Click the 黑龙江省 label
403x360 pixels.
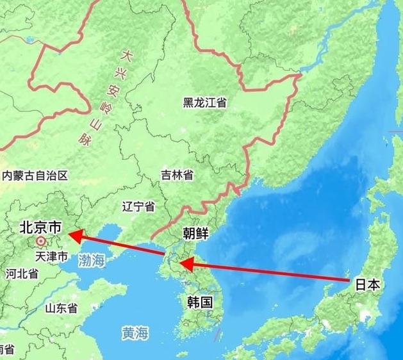click(204, 102)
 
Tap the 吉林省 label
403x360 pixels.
click(177, 175)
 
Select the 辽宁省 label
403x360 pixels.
click(138, 206)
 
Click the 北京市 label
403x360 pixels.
click(40, 227)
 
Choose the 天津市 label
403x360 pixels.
click(51, 257)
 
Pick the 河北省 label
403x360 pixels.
click(22, 274)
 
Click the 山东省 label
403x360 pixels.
click(61, 308)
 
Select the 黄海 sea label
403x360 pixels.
click(136, 333)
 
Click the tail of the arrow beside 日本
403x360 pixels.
click(349, 280)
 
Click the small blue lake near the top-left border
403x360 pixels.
click(29, 40)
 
